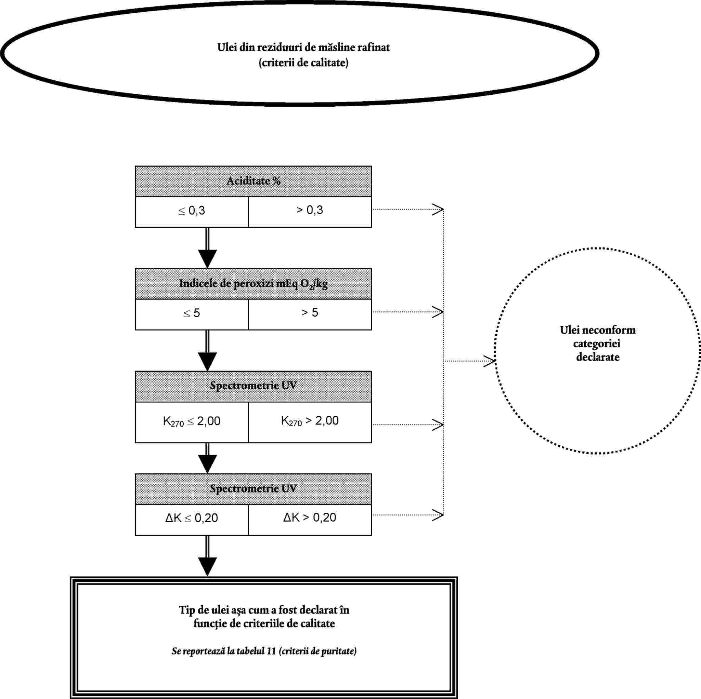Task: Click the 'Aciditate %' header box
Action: point(253,181)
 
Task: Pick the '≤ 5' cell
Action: point(192,314)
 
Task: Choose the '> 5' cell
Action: point(310,314)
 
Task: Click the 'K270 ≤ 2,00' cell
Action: point(192,422)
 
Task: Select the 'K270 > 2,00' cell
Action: point(310,422)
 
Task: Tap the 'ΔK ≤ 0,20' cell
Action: point(192,520)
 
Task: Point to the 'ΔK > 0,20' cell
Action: point(310,520)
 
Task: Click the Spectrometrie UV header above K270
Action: point(253,387)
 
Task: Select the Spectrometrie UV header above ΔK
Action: point(253,489)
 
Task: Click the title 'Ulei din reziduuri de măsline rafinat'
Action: point(303,48)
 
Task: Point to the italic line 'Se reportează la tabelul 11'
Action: point(224,651)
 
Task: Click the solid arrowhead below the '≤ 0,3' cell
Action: point(207,258)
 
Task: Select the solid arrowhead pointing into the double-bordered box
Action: point(207,567)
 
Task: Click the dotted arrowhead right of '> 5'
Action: point(438,312)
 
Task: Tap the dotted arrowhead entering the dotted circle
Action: point(490,361)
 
